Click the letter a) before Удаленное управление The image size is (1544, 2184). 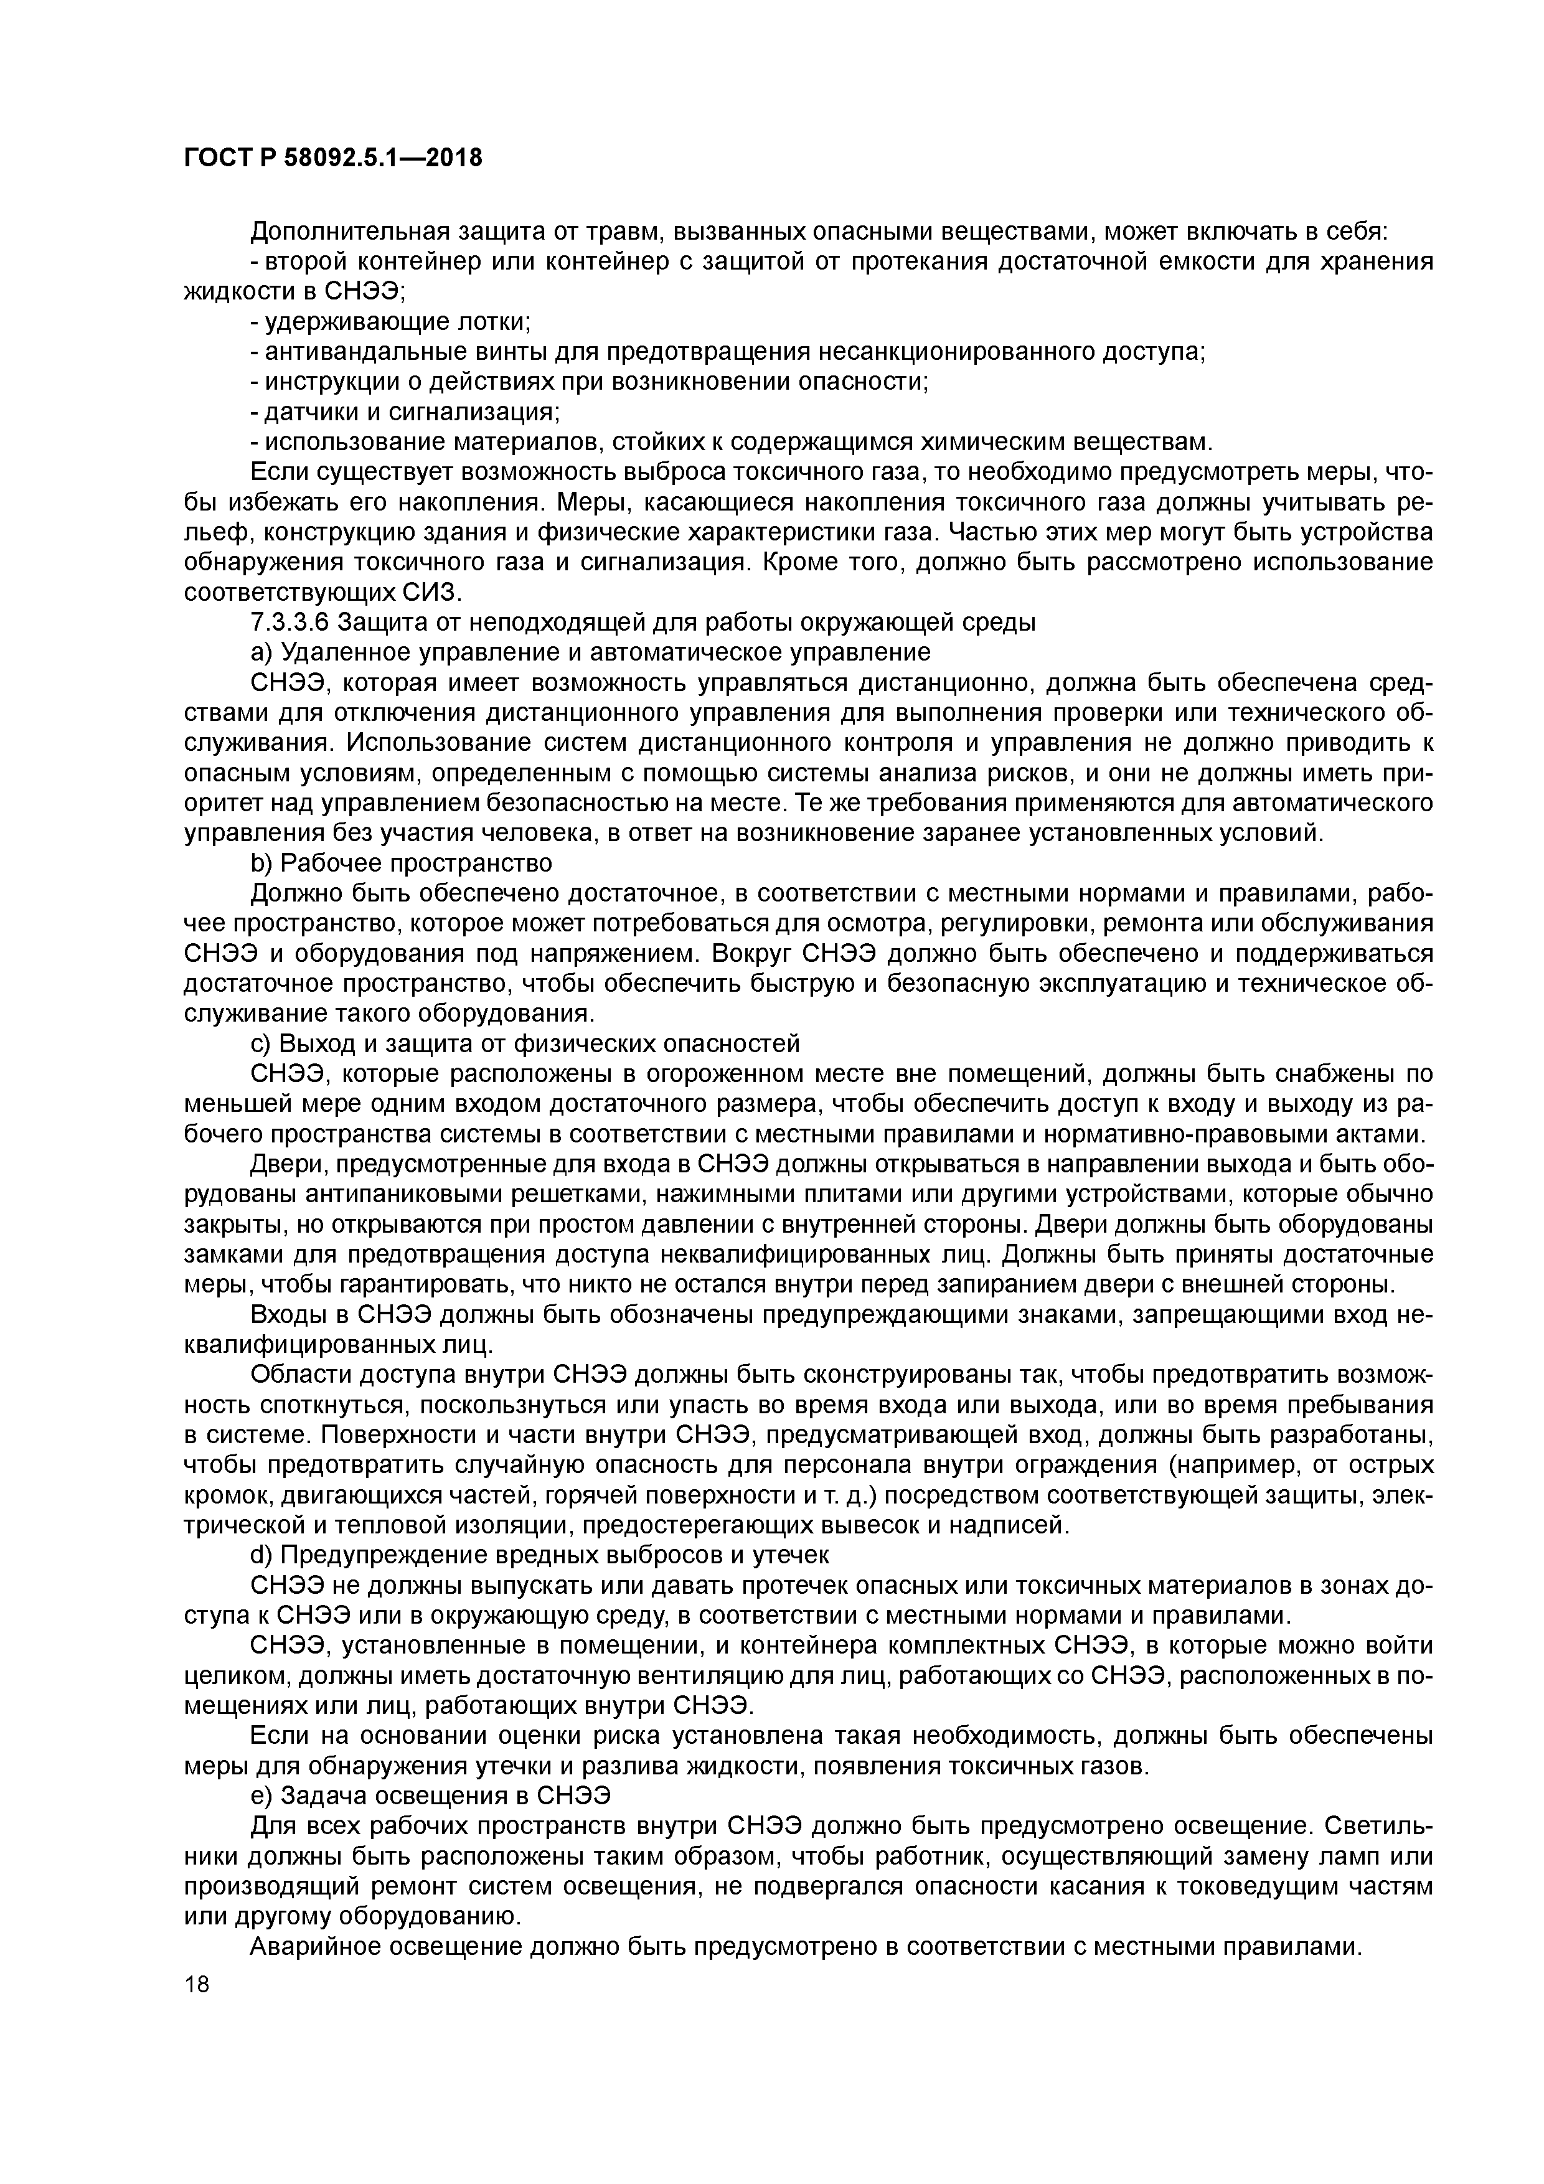pyautogui.click(x=261, y=652)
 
